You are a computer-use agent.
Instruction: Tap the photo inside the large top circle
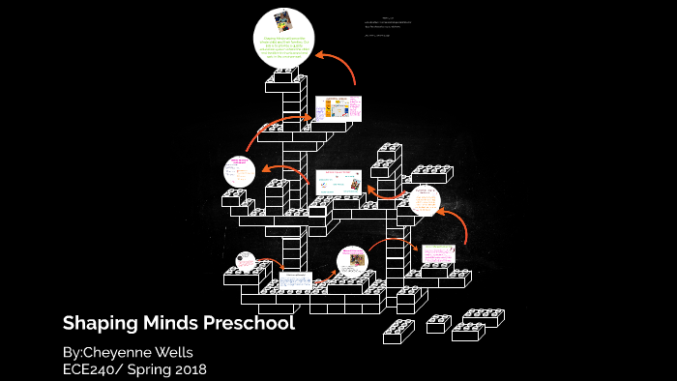pyautogui.click(x=283, y=21)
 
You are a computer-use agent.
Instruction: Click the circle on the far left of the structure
pyautogui.click(x=238, y=172)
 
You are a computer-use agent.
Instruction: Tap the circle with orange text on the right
pyautogui.click(x=425, y=201)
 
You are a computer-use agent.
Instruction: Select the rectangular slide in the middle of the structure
pyautogui.click(x=338, y=181)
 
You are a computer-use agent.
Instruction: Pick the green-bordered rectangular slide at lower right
pyautogui.click(x=437, y=253)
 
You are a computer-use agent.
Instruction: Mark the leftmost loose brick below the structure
pyautogui.click(x=398, y=332)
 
